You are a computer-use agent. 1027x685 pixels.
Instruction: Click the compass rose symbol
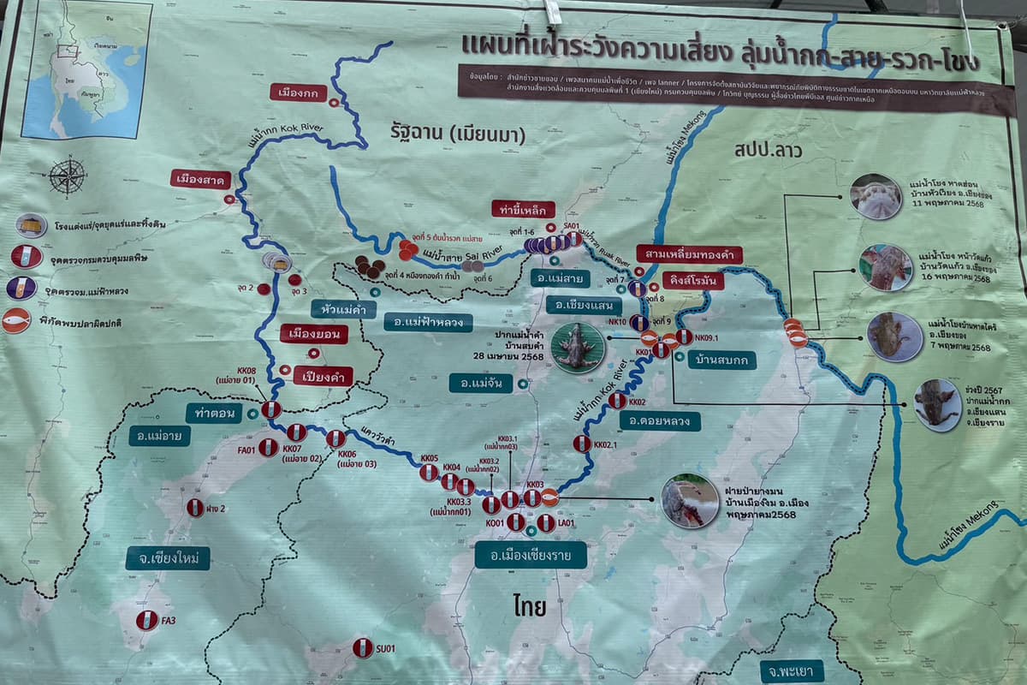(x=67, y=176)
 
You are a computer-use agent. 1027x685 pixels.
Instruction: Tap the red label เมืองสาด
(x=201, y=179)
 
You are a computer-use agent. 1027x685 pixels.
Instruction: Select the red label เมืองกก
(x=300, y=92)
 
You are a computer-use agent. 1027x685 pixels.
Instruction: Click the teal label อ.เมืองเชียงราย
(x=531, y=555)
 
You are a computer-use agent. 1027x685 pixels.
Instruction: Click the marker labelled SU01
(x=363, y=647)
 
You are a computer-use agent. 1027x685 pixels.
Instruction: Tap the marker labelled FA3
(x=146, y=620)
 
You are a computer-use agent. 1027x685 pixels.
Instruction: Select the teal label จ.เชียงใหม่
(x=168, y=558)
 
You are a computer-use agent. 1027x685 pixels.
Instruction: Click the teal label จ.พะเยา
(x=792, y=670)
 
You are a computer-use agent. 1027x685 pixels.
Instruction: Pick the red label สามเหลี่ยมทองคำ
(x=689, y=254)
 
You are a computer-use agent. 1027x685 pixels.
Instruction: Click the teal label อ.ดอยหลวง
(x=659, y=420)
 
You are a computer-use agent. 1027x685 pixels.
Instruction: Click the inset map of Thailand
(x=86, y=68)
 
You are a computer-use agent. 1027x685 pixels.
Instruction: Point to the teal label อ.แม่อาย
(x=160, y=435)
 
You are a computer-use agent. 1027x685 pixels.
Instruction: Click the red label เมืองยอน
(x=313, y=333)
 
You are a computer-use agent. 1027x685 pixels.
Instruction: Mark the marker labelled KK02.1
(x=582, y=444)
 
